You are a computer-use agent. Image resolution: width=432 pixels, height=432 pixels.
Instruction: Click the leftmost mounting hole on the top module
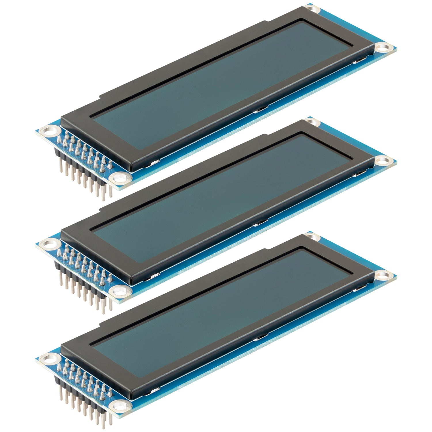click(x=47, y=131)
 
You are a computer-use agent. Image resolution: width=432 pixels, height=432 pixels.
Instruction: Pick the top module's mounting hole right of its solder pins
click(x=119, y=179)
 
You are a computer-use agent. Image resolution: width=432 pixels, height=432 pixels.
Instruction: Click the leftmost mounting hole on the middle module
click(x=47, y=245)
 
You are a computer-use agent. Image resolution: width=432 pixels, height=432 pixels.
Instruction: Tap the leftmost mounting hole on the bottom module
click(x=47, y=359)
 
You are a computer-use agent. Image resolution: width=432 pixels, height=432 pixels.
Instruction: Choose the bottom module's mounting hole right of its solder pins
click(x=119, y=406)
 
